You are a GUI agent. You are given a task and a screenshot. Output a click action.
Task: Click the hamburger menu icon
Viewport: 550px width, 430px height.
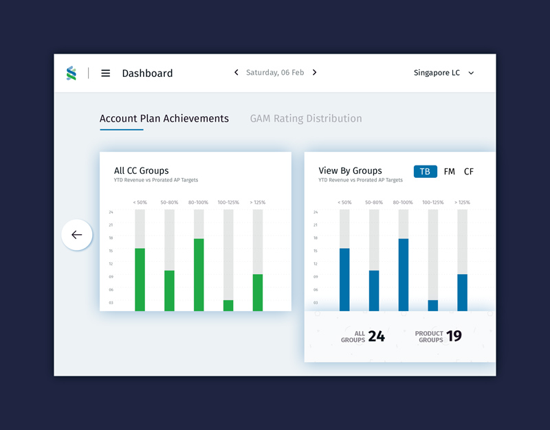(106, 73)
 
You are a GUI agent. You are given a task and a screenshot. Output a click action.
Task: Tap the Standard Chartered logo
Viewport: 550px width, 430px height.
(71, 73)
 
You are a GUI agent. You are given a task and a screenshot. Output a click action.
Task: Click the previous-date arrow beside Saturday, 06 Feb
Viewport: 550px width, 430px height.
(236, 72)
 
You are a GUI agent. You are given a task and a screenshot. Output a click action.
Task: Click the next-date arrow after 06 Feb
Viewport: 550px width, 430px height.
(315, 72)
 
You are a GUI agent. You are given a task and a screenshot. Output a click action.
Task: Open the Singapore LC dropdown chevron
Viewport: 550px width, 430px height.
(471, 73)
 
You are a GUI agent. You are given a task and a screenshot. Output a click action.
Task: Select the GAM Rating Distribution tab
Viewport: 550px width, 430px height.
(306, 118)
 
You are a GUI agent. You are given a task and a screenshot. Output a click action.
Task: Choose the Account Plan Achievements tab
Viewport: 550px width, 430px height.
(164, 118)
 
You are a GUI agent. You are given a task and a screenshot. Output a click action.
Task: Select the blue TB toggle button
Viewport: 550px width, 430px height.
(425, 171)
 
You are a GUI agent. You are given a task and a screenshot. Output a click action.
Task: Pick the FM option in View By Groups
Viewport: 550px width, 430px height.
(449, 171)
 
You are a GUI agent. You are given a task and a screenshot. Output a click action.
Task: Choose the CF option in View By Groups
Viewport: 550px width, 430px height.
(469, 171)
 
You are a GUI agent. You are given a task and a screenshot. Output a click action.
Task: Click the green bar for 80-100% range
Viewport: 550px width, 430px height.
(199, 275)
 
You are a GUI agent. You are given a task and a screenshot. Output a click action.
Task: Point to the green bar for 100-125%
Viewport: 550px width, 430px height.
(228, 306)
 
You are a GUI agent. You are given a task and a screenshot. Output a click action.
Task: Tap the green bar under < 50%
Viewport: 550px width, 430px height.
(140, 280)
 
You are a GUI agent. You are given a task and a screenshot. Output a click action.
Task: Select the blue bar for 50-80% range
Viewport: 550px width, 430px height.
(374, 291)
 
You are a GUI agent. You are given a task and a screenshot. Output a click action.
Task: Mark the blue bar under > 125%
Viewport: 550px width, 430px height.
(463, 293)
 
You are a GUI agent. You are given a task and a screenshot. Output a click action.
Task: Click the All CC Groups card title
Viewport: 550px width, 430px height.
(141, 170)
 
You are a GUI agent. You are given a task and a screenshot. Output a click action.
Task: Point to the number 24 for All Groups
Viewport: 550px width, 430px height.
(376, 336)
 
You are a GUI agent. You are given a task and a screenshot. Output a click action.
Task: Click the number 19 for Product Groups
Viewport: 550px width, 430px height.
(454, 336)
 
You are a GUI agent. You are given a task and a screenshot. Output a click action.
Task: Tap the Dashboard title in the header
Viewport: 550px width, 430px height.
(147, 73)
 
